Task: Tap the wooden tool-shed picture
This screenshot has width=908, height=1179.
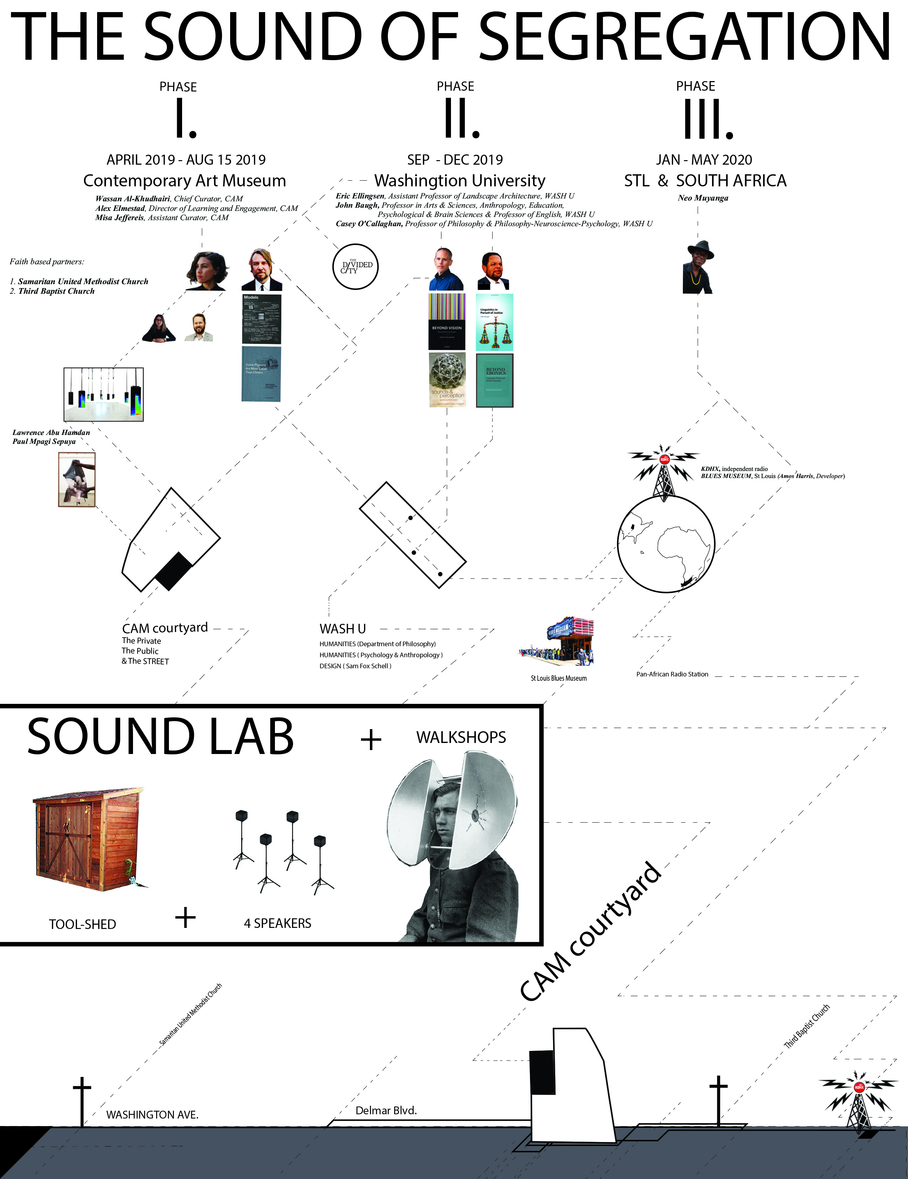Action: click(88, 839)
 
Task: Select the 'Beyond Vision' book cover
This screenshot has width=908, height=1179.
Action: click(446, 322)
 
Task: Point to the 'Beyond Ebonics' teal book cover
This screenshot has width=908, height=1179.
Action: click(494, 380)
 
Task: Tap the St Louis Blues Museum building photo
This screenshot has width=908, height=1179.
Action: click(557, 642)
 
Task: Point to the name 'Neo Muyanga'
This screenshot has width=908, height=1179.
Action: click(703, 198)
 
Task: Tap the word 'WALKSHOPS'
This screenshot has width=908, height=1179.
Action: click(461, 737)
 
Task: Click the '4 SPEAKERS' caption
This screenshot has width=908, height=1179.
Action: click(277, 923)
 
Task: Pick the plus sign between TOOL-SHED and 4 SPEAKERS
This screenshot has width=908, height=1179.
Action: click(185, 917)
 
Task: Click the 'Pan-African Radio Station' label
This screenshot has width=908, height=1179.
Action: click(672, 674)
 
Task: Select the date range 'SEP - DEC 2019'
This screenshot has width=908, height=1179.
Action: click(455, 160)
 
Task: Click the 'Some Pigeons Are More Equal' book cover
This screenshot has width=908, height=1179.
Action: click(261, 373)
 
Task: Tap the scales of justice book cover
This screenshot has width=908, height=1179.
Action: click(494, 322)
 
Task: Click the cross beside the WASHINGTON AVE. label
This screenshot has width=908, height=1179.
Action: click(82, 1100)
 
